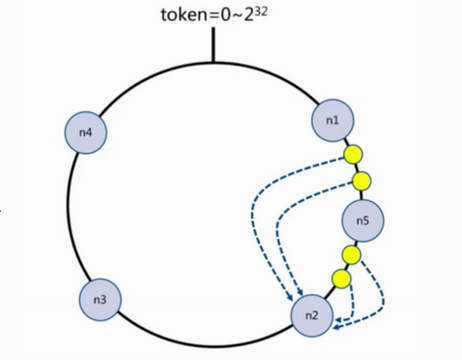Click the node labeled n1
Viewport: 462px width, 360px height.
click(333, 120)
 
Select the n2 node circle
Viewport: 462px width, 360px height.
click(312, 315)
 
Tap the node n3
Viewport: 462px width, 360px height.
click(100, 300)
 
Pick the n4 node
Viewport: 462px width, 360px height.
click(86, 133)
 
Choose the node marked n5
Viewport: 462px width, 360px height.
click(363, 221)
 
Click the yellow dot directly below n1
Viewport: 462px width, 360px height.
click(353, 155)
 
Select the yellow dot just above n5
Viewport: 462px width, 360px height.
click(362, 181)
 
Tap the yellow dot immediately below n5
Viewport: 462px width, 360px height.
click(351, 255)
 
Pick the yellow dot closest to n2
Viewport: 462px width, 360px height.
click(342, 279)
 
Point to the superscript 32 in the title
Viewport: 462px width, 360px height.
click(261, 12)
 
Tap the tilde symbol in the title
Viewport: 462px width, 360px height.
click(237, 16)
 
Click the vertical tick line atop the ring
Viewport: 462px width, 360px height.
click(213, 45)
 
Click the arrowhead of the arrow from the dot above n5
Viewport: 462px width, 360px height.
click(300, 292)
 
